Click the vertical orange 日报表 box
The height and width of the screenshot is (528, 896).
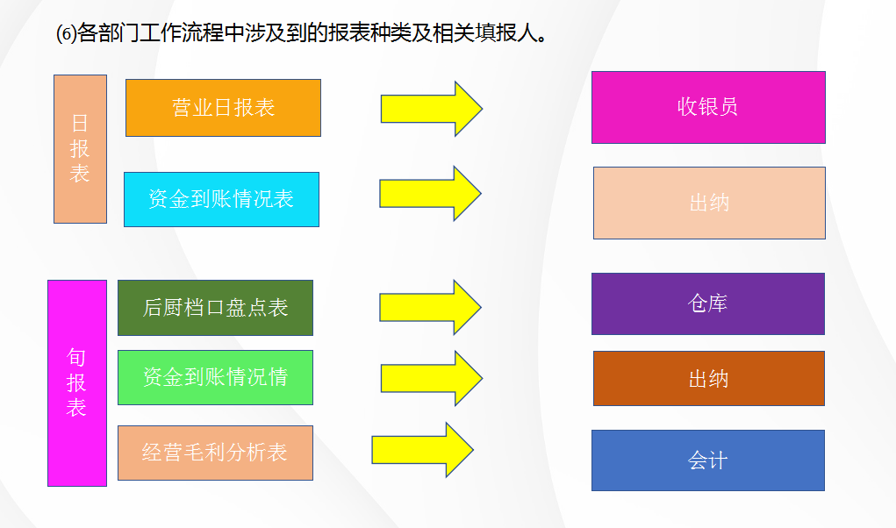coord(80,148)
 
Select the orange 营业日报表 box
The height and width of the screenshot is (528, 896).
coord(223,108)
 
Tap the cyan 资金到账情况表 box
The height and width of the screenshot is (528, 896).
coord(221,199)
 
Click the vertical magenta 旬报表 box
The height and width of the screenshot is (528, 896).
coord(77,382)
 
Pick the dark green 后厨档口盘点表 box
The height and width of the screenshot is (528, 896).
coord(215,308)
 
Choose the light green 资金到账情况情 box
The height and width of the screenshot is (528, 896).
coord(215,377)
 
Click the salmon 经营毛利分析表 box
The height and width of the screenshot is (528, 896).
coord(215,453)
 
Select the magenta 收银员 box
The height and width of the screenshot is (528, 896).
coord(708,107)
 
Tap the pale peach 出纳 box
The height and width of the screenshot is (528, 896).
coord(709,203)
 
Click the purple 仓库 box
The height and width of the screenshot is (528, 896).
coord(708,303)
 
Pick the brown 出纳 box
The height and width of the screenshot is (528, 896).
coord(709,379)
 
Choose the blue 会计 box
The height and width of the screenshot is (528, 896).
coord(708,460)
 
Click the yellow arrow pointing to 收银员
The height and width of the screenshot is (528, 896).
coord(431,108)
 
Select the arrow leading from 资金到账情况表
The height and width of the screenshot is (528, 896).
coord(430,193)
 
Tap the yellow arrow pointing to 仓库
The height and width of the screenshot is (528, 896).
coord(430,307)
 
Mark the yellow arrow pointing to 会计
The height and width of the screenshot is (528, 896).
coord(422,450)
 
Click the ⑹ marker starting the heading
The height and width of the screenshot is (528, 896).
coord(66,35)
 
